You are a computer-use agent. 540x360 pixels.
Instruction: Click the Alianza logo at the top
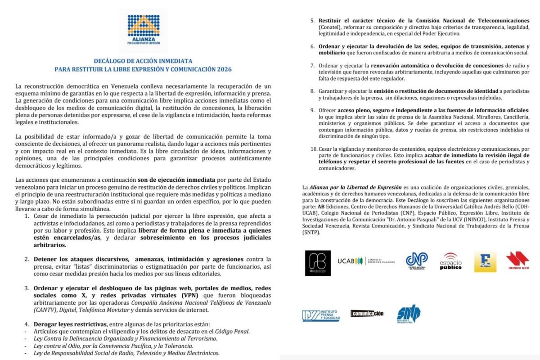[143, 31]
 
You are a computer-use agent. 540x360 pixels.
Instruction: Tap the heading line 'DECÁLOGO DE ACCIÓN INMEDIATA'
[143, 61]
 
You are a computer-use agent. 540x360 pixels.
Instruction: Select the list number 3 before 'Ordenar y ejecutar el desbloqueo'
[27, 288]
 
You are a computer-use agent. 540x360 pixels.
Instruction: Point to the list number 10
[309, 148]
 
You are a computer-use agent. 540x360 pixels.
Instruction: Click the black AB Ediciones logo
[317, 263]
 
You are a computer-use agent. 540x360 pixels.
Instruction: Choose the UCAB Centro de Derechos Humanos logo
[366, 261]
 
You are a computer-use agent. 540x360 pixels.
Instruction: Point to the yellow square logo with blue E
[485, 261]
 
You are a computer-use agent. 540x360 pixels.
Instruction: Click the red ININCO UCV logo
[517, 261]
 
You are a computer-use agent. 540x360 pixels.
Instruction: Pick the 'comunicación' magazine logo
[367, 313]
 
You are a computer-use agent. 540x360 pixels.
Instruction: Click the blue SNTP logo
[409, 314]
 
